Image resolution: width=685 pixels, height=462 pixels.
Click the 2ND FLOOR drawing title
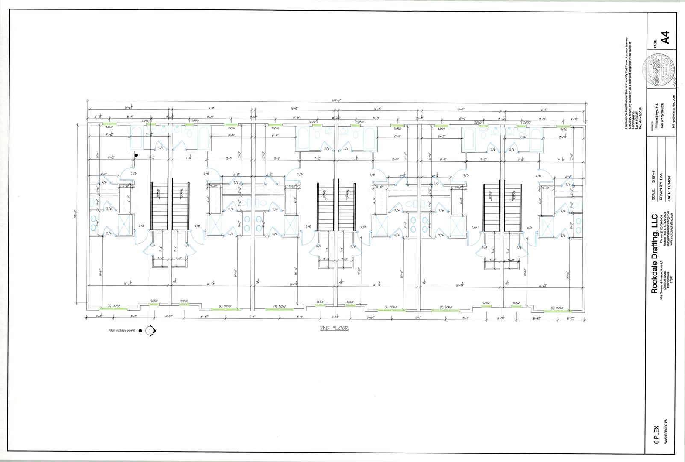point(334,328)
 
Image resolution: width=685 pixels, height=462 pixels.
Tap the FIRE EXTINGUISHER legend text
point(122,331)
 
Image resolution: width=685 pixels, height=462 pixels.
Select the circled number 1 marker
point(150,331)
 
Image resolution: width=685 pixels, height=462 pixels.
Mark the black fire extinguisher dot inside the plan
point(136,155)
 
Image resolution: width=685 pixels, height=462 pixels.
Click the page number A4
point(664,37)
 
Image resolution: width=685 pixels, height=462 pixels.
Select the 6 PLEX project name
point(657,435)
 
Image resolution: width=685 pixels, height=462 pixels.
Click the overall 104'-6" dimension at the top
point(334,101)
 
